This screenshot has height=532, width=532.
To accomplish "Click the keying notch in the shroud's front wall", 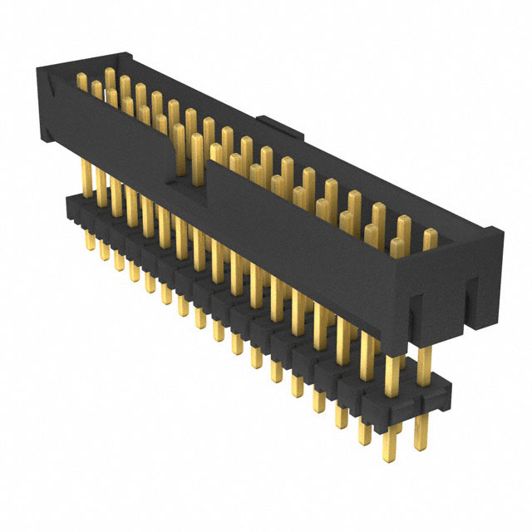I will click(190, 170).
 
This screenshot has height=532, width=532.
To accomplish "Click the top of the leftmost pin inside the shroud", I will click(81, 77).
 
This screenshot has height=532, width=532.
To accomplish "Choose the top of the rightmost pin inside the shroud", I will click(430, 234).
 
